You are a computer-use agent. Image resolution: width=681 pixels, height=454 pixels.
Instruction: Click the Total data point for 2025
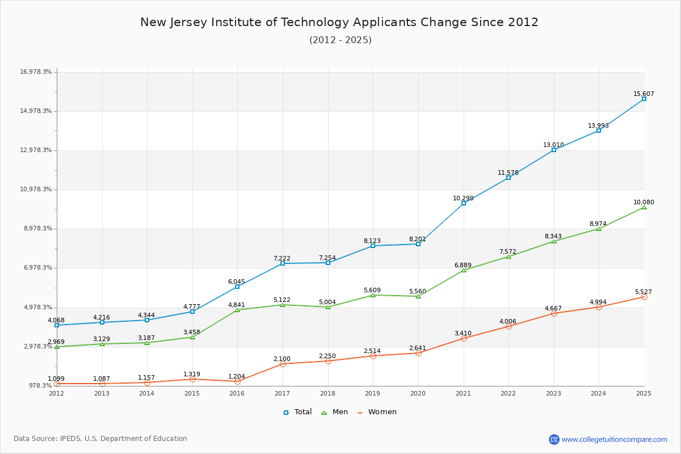[644, 99]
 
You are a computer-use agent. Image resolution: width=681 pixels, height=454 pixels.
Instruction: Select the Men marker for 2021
[464, 270]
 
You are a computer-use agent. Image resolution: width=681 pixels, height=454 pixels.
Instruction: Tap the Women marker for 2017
[283, 364]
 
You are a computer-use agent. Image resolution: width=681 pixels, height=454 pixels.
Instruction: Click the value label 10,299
[463, 198]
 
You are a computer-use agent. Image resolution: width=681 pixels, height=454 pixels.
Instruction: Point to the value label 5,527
[644, 292]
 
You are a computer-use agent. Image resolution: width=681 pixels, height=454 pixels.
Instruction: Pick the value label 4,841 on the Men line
[237, 305]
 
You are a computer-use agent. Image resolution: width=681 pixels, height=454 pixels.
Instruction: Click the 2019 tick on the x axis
[373, 393]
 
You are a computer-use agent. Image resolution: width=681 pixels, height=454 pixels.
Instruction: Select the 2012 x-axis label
[56, 393]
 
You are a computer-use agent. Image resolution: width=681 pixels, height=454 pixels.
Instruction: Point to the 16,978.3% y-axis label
[36, 72]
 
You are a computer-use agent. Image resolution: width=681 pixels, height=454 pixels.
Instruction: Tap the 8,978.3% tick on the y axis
[36, 228]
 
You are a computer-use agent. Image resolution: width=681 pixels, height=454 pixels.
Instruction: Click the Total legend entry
[297, 412]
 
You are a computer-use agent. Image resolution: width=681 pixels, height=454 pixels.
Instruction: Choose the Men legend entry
[335, 412]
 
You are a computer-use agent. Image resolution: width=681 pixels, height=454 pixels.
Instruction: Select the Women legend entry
[376, 412]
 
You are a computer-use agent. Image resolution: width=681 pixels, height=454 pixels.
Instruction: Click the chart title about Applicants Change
[339, 22]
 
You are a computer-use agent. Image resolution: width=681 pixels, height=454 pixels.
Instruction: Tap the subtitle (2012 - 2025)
[340, 40]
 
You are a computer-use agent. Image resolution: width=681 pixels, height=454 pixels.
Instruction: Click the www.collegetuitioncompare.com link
[614, 439]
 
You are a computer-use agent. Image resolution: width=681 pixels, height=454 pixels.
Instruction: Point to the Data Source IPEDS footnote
[100, 439]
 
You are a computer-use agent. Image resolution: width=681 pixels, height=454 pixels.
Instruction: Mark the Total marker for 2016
[237, 287]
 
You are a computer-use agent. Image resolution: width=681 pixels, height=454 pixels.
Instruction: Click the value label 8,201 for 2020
[418, 239]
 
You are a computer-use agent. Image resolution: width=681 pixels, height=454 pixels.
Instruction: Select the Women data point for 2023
[554, 313]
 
